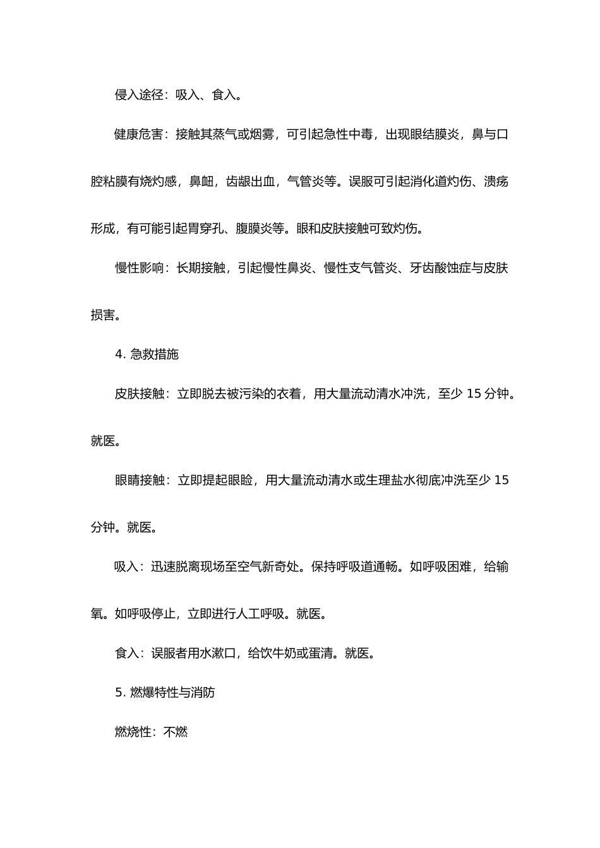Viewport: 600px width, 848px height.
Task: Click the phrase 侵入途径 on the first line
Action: (139, 95)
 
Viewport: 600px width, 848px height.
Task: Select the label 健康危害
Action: (139, 134)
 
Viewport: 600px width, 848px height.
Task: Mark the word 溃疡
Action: (496, 182)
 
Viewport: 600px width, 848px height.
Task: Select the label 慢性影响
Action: (139, 268)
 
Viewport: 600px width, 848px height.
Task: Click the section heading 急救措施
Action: (154, 355)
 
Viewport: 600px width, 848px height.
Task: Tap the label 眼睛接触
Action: (139, 481)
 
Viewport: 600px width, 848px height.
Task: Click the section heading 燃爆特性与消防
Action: (172, 693)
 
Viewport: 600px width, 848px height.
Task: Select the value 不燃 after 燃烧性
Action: (176, 733)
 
